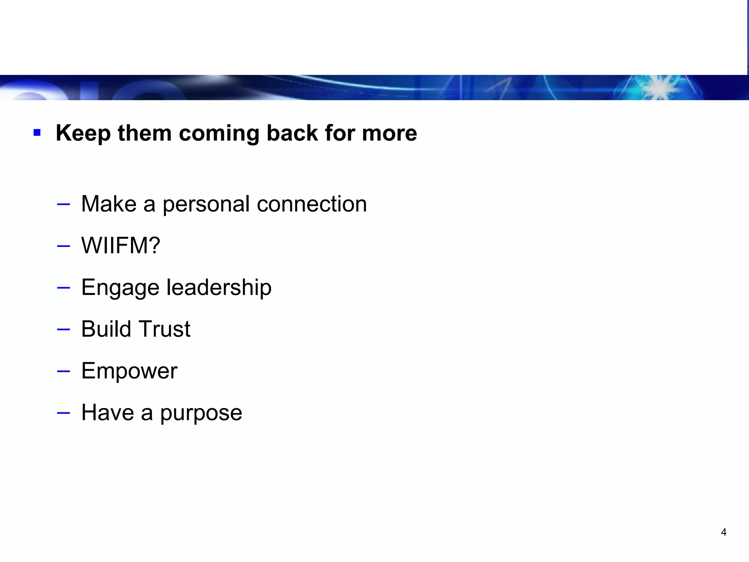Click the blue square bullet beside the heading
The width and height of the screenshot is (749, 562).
(37, 132)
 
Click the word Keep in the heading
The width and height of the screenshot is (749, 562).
(83, 133)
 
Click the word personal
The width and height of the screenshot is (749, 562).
(206, 204)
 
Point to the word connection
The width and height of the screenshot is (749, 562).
(312, 204)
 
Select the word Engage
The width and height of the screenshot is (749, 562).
(120, 288)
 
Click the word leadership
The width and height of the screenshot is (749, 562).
(219, 287)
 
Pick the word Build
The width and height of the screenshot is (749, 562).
(106, 329)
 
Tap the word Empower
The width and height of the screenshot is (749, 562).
(129, 371)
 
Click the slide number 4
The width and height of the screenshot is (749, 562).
(723, 532)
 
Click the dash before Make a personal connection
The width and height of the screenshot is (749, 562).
(64, 204)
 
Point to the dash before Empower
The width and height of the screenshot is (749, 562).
(64, 371)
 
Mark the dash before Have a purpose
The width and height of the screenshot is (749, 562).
(64, 413)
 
